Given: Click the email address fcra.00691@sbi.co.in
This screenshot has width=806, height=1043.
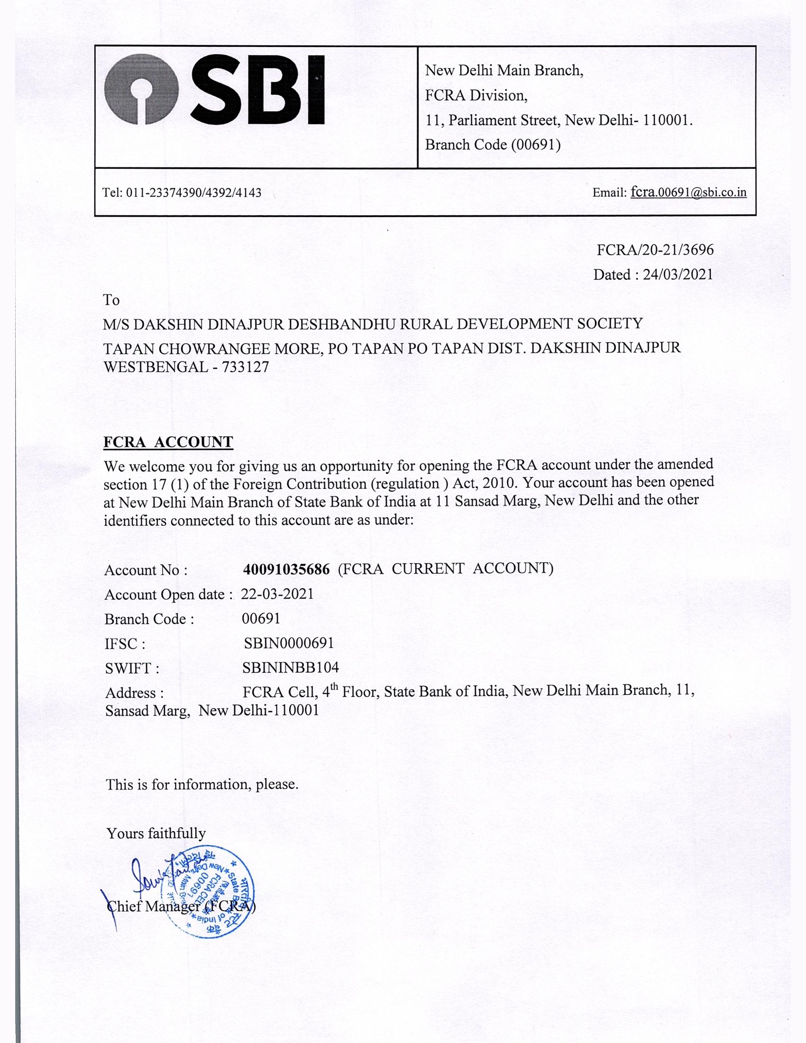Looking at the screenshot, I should tap(688, 192).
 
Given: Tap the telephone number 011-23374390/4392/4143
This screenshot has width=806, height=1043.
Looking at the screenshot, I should tap(193, 193).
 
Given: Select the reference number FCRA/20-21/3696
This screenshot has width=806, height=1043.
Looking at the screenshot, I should tap(655, 250).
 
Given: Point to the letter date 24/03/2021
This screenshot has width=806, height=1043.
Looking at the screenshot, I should tap(678, 274).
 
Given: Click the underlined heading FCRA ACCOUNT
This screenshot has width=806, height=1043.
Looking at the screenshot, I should tap(168, 442).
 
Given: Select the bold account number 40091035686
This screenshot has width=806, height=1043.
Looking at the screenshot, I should tap(286, 569).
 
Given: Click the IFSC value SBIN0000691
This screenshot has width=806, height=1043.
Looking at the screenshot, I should tap(288, 643).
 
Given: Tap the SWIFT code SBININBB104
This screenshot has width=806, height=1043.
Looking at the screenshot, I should tap(290, 667).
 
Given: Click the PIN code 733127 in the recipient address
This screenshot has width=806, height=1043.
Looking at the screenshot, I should tap(245, 367).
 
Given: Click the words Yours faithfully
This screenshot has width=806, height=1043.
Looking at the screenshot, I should tap(156, 833).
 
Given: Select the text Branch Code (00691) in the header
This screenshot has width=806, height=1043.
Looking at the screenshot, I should tap(493, 144).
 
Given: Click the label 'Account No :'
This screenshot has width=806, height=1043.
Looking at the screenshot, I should tap(146, 570).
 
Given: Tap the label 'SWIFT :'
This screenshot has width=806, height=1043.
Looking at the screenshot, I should tap(132, 668).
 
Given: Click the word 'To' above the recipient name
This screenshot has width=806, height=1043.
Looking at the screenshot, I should tap(111, 300).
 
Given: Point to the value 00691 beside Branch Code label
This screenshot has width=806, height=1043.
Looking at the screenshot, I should tap(261, 618).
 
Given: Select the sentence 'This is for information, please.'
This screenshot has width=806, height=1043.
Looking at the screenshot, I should tap(202, 784).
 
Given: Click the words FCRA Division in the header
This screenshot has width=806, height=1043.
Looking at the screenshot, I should tap(476, 95).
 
